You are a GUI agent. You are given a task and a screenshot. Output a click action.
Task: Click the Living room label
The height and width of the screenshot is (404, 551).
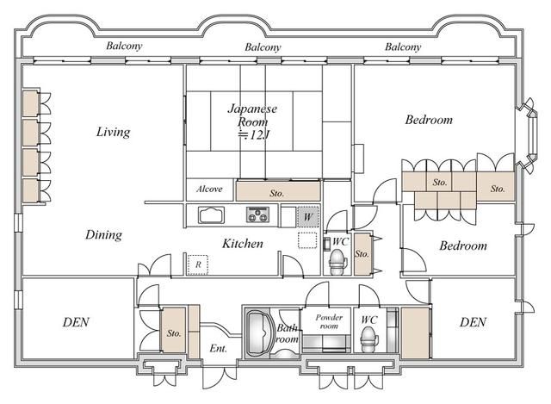coord(113,132)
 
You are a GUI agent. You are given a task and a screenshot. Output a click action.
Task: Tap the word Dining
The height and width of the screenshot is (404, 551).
coord(103,234)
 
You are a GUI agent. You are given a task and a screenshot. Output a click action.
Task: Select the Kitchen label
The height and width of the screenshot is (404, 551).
coord(243,243)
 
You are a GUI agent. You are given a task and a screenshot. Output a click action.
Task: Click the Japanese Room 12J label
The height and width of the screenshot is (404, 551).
coord(252,121)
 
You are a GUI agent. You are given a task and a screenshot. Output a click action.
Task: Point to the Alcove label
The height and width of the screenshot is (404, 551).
coord(209,190)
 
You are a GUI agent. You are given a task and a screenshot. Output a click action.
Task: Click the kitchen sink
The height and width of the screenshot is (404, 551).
coord(211,214)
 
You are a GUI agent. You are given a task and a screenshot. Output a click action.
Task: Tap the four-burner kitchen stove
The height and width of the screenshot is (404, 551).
coord(258,214)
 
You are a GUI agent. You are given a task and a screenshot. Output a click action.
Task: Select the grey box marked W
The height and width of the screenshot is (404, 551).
coord(308,216)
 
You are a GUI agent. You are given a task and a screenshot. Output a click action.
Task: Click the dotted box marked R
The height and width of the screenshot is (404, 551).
coord(198,264)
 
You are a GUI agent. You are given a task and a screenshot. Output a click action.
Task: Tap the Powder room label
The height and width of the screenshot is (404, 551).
coord(329,321)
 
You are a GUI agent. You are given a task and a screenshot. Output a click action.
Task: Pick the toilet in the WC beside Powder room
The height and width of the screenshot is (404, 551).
coord(369,339)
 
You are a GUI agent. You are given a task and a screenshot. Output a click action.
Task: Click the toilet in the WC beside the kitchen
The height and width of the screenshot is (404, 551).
coord(338,262)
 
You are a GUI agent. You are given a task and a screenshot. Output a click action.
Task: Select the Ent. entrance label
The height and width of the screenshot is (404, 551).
coord(218,349)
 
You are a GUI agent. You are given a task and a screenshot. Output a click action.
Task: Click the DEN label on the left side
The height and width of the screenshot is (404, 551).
coord(76,322)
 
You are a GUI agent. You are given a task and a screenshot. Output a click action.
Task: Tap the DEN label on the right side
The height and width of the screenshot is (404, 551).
coord(473,322)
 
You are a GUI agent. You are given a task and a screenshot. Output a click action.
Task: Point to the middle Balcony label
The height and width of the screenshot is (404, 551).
coord(263,47)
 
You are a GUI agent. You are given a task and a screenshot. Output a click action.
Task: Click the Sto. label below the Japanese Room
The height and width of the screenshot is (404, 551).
coord(277,193)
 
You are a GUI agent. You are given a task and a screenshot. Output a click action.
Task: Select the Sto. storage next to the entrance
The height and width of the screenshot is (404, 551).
coord(173,330)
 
